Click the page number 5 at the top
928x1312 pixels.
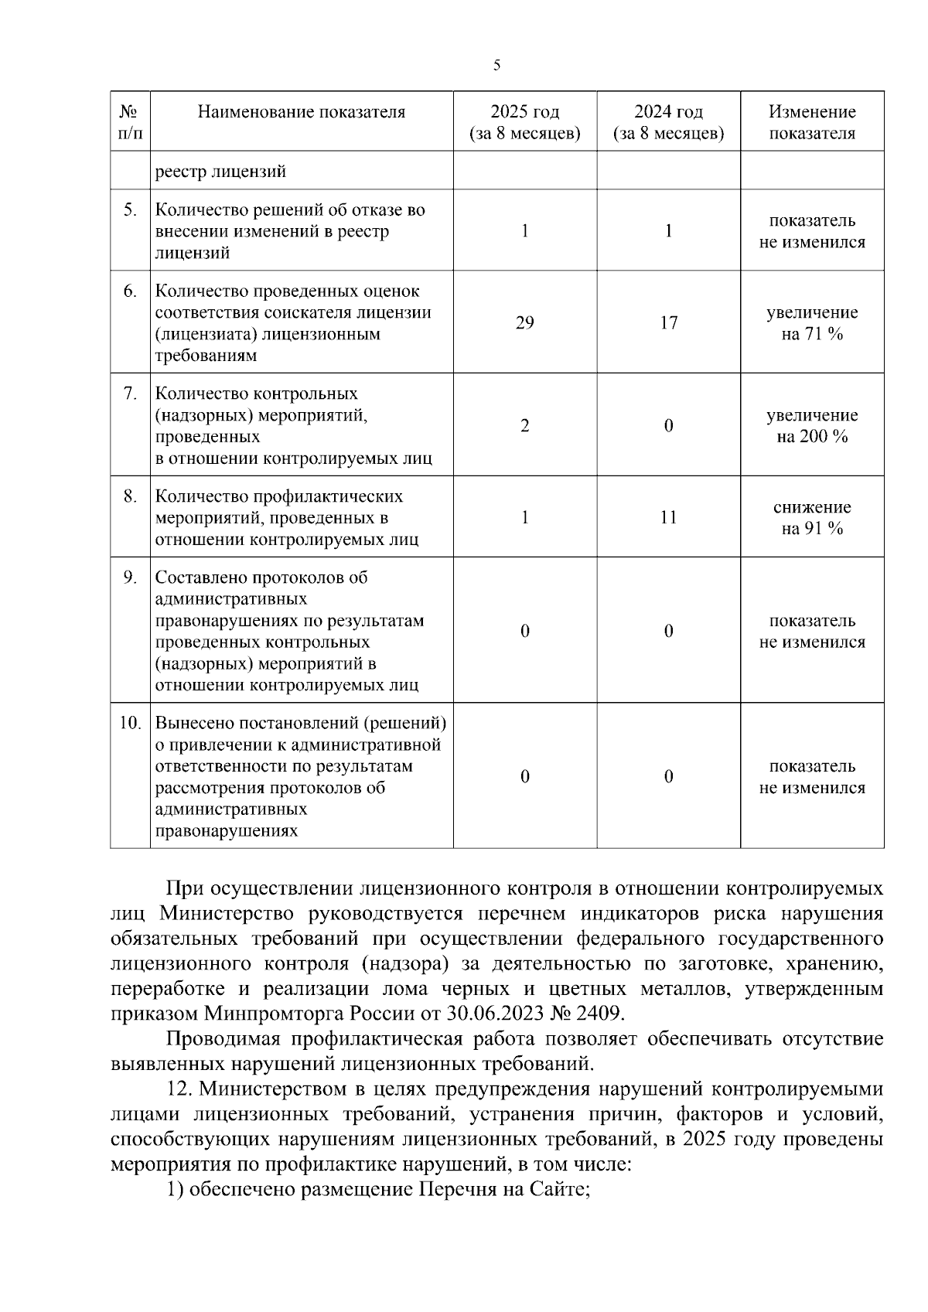tap(496, 66)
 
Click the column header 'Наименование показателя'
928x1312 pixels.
tap(302, 112)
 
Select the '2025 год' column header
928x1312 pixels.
tap(525, 122)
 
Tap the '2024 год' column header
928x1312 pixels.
tap(669, 122)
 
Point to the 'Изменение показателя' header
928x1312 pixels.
tap(812, 122)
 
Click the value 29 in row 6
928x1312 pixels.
tap(525, 322)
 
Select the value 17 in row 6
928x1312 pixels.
tap(669, 322)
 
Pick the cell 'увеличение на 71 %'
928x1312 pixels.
tap(812, 323)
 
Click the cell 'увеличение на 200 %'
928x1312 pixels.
tap(812, 425)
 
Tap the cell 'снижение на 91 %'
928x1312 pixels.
tap(812, 517)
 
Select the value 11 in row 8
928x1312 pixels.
tap(669, 517)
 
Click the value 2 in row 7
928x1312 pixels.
tap(525, 425)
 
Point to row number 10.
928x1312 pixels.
tap(129, 723)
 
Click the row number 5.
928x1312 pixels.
tap(131, 210)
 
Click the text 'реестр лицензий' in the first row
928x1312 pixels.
tap(220, 171)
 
